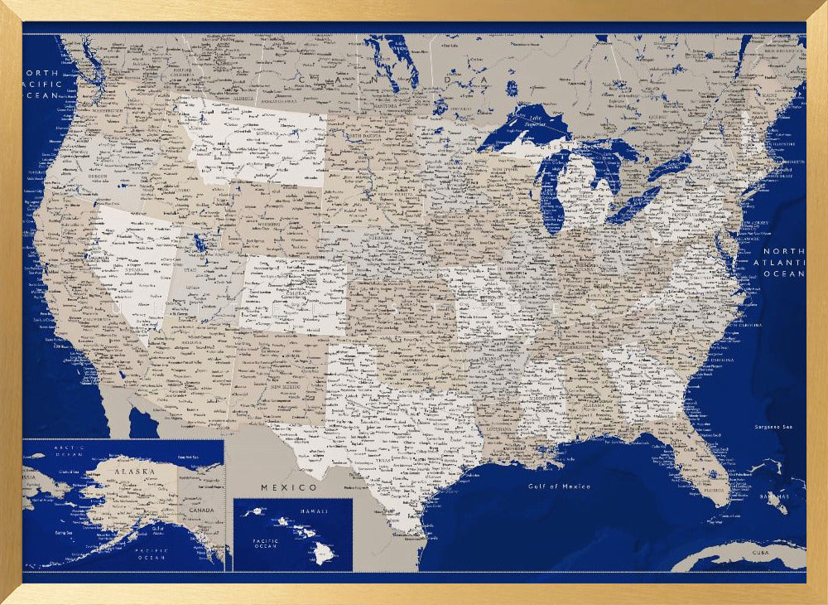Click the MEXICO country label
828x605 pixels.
289,486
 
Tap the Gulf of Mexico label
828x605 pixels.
559,486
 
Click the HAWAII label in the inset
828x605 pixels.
314,511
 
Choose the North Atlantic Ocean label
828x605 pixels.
783,262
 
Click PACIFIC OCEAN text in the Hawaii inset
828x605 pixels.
266,543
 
